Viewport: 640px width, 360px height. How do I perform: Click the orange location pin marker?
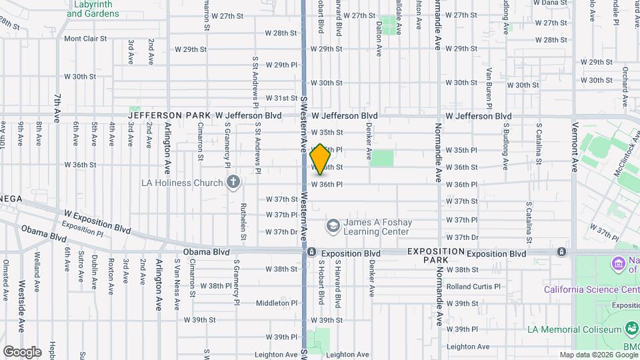321,159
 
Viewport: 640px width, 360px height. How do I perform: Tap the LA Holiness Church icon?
233,182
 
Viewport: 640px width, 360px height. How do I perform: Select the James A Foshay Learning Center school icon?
331,227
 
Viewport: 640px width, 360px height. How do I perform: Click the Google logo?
22,351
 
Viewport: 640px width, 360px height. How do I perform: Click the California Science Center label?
591,289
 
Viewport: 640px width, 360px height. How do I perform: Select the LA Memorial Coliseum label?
573,329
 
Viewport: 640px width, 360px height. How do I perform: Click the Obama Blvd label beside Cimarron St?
207,253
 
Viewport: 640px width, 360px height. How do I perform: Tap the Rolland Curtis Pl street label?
473,287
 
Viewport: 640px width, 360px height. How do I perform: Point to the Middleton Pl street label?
277,303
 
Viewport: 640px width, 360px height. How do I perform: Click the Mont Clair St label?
85,39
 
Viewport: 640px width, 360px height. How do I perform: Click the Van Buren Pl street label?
489,87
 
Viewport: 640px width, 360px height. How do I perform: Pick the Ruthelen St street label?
243,221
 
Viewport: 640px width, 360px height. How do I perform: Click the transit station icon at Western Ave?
311,253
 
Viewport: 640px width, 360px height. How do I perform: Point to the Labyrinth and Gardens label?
93,9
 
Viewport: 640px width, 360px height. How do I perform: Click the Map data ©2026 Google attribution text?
598,355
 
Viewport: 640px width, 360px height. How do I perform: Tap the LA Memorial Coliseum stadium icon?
631,328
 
